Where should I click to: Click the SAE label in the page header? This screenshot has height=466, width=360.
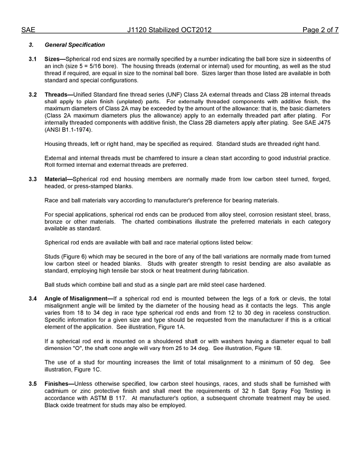click(28, 30)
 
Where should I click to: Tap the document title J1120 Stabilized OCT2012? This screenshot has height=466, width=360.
click(169, 30)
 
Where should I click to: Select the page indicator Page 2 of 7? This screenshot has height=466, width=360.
click(320, 30)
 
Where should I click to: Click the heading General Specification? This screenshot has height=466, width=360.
click(75, 45)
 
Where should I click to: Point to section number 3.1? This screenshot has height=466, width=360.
click(33, 59)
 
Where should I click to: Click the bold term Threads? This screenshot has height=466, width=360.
click(56, 95)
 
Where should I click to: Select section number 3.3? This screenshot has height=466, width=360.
click(33, 179)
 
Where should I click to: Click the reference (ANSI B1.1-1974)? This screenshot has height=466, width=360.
click(68, 130)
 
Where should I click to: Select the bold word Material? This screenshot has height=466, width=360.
click(56, 179)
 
